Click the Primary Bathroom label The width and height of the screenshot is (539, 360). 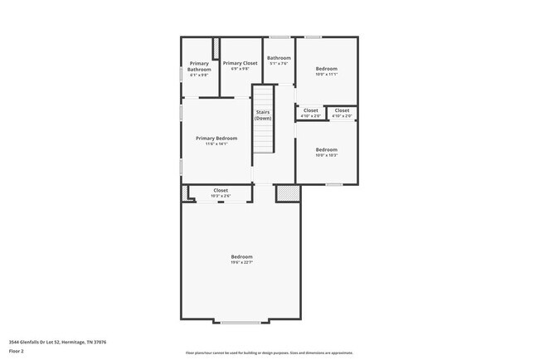click(x=199, y=66)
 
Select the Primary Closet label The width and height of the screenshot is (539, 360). click(x=240, y=63)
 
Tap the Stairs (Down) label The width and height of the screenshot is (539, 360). click(x=263, y=115)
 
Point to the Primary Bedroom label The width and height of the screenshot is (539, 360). click(x=216, y=138)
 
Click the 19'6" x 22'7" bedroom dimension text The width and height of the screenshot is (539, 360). click(x=241, y=262)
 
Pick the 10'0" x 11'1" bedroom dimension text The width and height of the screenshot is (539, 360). click(x=327, y=74)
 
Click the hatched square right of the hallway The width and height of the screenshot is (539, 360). click(x=288, y=192)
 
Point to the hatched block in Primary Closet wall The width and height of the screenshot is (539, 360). click(x=216, y=48)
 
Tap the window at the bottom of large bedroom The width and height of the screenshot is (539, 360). click(x=240, y=321)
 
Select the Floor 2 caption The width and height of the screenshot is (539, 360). click(x=17, y=351)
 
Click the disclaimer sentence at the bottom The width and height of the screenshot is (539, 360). click(x=269, y=353)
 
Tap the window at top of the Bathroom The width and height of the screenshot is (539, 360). click(x=279, y=36)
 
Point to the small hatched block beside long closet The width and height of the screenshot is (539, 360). click(x=185, y=192)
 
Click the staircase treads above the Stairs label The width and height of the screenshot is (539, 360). click(x=263, y=95)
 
